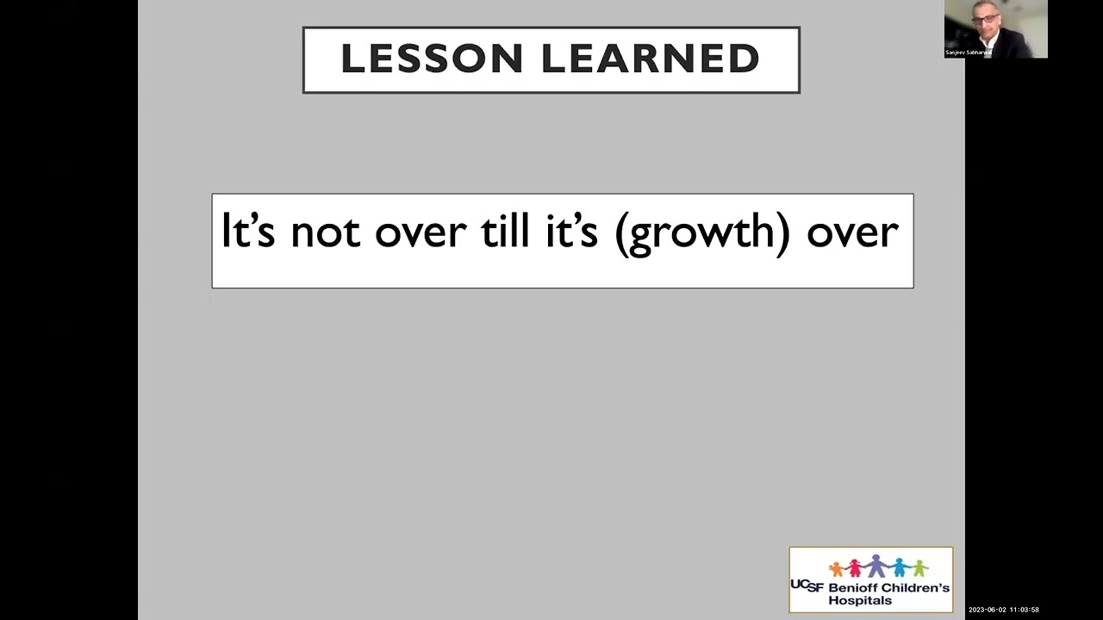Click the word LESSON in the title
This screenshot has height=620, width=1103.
[x=433, y=59]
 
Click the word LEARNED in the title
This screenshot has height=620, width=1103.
[x=650, y=59]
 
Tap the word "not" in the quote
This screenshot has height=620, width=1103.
[x=325, y=232]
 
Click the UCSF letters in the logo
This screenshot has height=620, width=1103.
[x=807, y=586]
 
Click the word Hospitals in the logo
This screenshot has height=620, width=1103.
[x=860, y=600]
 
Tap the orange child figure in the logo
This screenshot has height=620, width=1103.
[x=836, y=568]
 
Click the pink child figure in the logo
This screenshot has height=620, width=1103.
[x=855, y=567]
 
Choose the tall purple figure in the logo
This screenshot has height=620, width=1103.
[x=876, y=565]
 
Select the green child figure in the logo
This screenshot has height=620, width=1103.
[x=919, y=568]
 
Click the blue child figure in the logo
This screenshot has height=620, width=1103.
[x=900, y=567]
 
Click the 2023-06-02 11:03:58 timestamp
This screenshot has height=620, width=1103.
[x=1003, y=610]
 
